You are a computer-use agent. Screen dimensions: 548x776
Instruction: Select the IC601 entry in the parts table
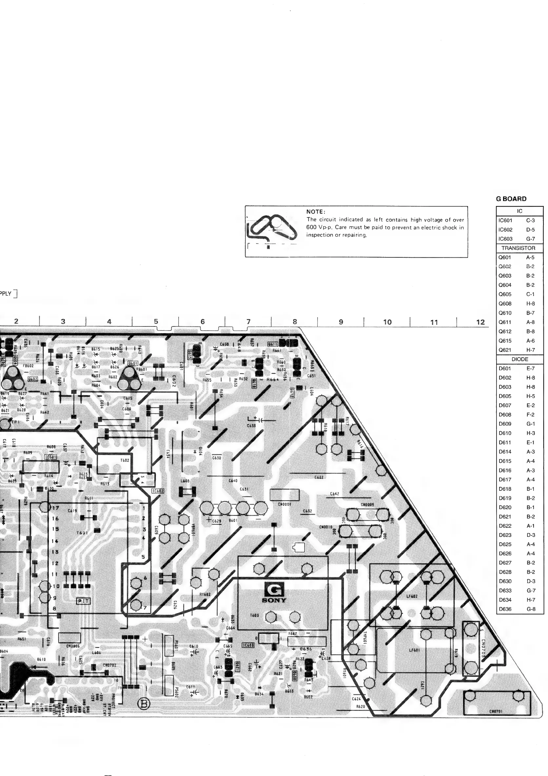(x=505, y=220)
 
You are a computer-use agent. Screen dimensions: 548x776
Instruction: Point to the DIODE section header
(x=519, y=359)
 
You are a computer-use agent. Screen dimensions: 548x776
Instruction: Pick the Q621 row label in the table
(x=505, y=350)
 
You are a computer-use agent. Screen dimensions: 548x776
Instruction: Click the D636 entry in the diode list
(x=505, y=609)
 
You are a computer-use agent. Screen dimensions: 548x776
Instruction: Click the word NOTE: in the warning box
(x=316, y=212)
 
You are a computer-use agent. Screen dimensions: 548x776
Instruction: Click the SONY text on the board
(x=274, y=600)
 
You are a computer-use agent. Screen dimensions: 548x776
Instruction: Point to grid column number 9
(x=341, y=322)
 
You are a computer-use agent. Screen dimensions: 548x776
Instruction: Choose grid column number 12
(x=480, y=322)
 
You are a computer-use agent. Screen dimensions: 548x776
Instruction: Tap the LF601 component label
(x=414, y=650)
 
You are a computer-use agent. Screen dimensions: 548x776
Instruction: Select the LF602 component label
(x=412, y=597)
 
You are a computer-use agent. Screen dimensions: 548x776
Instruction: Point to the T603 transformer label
(x=254, y=615)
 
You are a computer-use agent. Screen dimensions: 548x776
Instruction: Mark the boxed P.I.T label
(x=84, y=601)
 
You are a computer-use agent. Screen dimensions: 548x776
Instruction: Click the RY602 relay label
(x=205, y=594)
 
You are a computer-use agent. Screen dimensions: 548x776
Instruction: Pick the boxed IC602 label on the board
(x=158, y=491)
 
